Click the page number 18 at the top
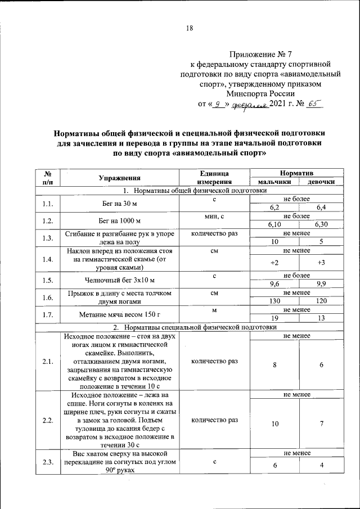click(x=189, y=29)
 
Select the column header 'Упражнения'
click(x=119, y=178)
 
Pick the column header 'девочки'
click(x=321, y=182)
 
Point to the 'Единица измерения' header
click(x=214, y=178)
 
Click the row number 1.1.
click(x=47, y=204)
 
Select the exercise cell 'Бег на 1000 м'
click(x=119, y=221)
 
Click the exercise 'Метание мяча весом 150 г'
click(x=119, y=314)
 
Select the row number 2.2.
click(x=47, y=420)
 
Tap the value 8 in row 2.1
click(x=274, y=365)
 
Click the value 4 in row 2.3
click(x=321, y=466)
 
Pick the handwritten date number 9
click(x=218, y=104)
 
